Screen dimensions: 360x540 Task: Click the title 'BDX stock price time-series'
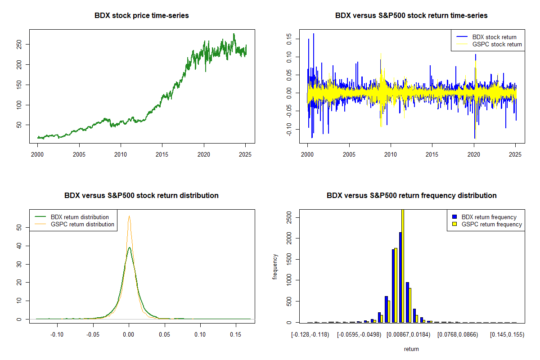coord(142,16)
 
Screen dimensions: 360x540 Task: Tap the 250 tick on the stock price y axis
coord(21,44)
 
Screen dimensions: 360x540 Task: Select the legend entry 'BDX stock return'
coord(494,37)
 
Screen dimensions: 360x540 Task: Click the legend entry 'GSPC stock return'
coord(497,44)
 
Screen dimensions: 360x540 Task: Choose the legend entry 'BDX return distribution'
coord(80,217)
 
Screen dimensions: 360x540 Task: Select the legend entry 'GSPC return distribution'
coord(82,224)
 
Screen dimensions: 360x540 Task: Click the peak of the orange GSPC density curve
coord(129,216)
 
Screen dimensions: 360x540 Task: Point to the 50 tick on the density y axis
coord(21,228)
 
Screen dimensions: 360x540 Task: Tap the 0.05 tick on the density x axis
coord(165,335)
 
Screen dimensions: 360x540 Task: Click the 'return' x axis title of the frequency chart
coord(411,349)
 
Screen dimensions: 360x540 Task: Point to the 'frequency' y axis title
coord(275,267)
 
